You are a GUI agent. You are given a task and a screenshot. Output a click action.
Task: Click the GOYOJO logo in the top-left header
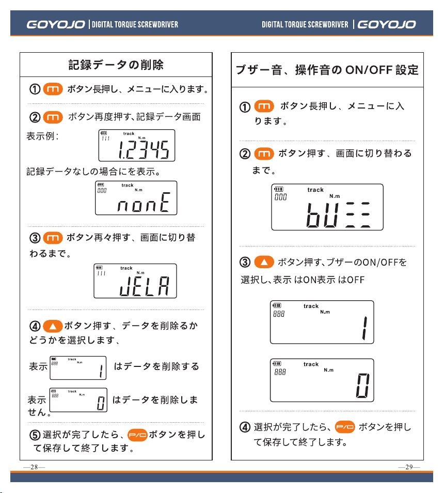[x=56, y=24]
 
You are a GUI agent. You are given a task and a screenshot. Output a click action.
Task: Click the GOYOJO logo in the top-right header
[x=387, y=24]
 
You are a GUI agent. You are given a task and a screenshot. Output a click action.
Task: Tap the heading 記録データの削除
[x=116, y=65]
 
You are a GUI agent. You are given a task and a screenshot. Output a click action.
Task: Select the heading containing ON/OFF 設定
[x=327, y=70]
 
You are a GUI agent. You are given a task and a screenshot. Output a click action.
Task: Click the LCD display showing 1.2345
[x=137, y=146]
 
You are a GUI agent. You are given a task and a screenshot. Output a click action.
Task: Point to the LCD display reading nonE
[x=136, y=198]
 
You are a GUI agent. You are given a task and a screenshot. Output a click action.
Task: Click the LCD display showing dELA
[x=135, y=281]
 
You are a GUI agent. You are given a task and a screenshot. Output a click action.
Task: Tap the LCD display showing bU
[x=327, y=207]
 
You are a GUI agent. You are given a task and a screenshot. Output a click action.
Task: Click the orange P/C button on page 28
[x=137, y=435]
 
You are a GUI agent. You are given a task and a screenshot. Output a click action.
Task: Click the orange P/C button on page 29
[x=345, y=427]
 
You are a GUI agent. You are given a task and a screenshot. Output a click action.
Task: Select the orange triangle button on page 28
[x=53, y=327]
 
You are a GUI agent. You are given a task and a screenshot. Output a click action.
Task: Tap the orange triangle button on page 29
[x=264, y=262]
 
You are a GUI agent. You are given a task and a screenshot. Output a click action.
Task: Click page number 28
[x=34, y=467]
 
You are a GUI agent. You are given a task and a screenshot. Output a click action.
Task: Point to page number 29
[x=409, y=467]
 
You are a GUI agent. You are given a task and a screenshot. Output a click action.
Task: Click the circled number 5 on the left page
[x=35, y=435]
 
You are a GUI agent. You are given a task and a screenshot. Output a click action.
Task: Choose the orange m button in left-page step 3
[x=53, y=238]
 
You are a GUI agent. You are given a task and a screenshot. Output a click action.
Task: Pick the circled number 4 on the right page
[x=245, y=427]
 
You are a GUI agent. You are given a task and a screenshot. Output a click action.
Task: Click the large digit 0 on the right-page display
[x=362, y=386]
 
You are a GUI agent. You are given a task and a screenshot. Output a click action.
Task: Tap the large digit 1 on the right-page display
[x=364, y=328]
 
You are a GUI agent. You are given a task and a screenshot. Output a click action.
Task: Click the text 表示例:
[x=42, y=136]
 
